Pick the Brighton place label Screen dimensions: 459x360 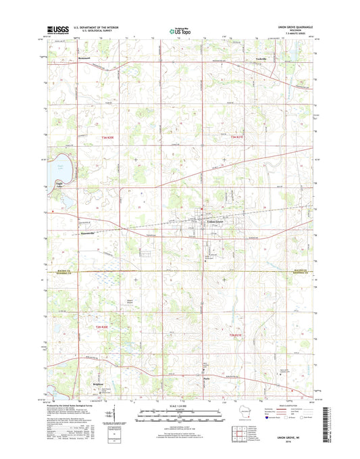click(x=80, y=381)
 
